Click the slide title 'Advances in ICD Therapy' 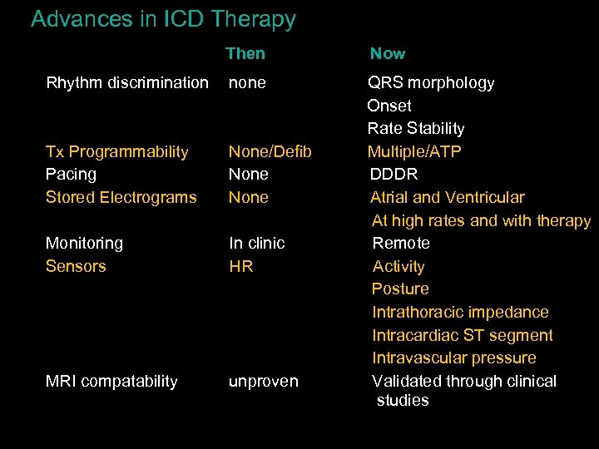(163, 19)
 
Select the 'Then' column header (245, 54)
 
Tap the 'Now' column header (388, 54)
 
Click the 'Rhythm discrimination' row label (127, 82)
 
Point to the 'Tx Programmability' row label (116, 151)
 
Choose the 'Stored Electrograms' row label (121, 197)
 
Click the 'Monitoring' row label (84, 243)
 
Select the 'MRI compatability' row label (111, 381)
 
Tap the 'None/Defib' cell (270, 151)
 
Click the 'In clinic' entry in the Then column (257, 243)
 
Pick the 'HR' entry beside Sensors (241, 266)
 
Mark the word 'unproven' (264, 381)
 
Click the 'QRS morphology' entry (431, 82)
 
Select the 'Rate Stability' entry (416, 128)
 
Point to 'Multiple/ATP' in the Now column (414, 151)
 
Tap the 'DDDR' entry (394, 174)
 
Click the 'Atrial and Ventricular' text (448, 197)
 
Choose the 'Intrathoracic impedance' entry (460, 312)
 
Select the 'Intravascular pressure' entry (454, 358)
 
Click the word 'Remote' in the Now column (401, 243)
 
